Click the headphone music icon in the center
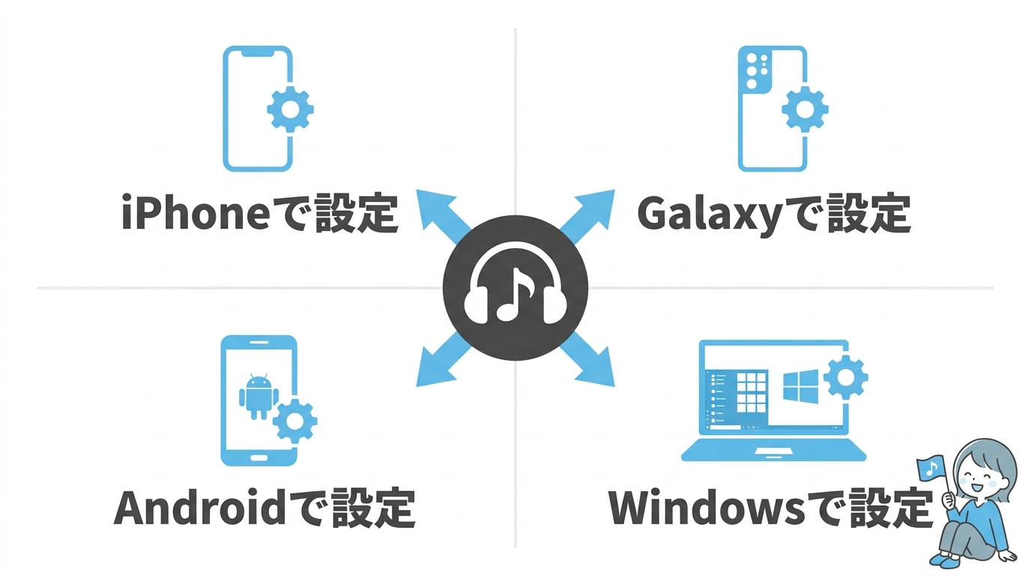pos(515,288)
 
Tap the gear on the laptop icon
pos(846,376)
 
